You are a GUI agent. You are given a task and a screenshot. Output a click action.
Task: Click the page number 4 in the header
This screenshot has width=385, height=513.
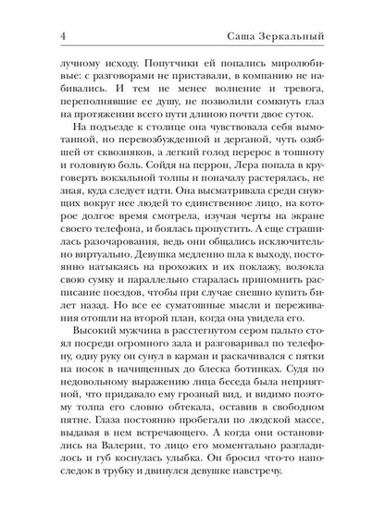click(x=35, y=11)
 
